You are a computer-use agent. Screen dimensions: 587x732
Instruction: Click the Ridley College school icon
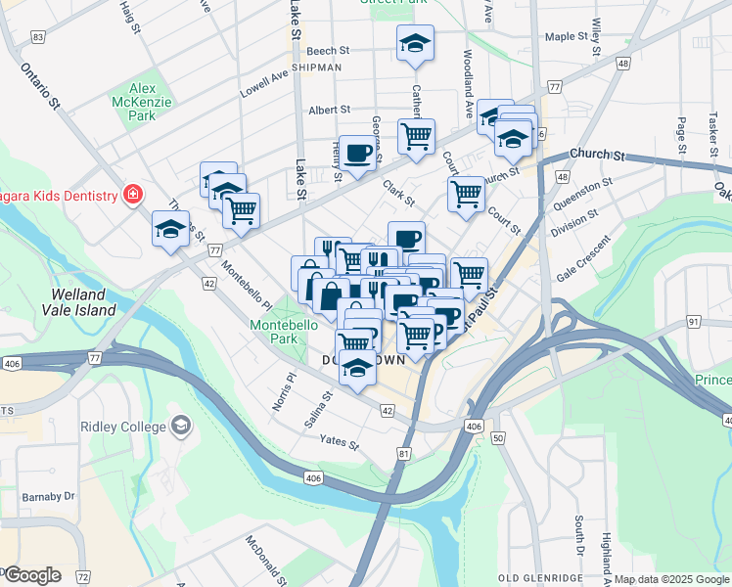tap(181, 426)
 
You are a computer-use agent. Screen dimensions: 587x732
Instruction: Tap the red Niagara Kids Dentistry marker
tap(130, 195)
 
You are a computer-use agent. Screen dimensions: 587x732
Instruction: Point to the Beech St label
tap(328, 51)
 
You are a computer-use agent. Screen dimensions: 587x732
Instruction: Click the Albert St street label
tap(329, 111)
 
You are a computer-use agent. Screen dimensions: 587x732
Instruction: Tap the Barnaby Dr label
tap(48, 496)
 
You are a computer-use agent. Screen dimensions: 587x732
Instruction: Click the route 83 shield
tap(38, 37)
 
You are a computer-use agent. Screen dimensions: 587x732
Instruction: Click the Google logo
tap(32, 575)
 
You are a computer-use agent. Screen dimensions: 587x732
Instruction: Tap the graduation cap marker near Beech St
tap(415, 44)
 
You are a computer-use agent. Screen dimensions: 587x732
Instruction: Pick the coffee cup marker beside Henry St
tap(357, 154)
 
